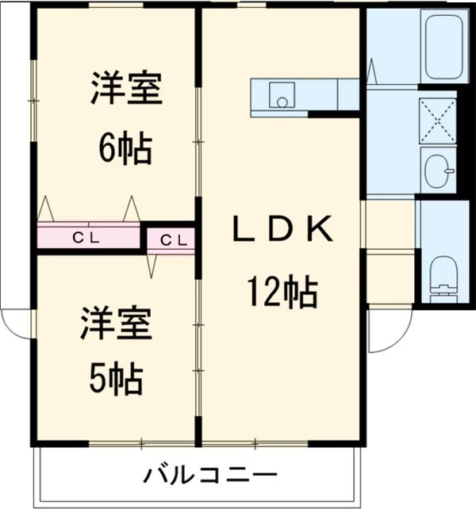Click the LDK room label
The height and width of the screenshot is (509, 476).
click(281, 230)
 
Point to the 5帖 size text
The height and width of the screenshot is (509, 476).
click(116, 379)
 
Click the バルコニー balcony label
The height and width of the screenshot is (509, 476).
click(210, 476)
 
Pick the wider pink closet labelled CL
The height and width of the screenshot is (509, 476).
click(88, 237)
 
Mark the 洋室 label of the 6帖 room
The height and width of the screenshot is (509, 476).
click(125, 89)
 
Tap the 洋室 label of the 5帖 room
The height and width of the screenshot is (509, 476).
click(116, 325)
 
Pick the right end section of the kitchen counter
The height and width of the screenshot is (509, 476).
click(349, 95)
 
